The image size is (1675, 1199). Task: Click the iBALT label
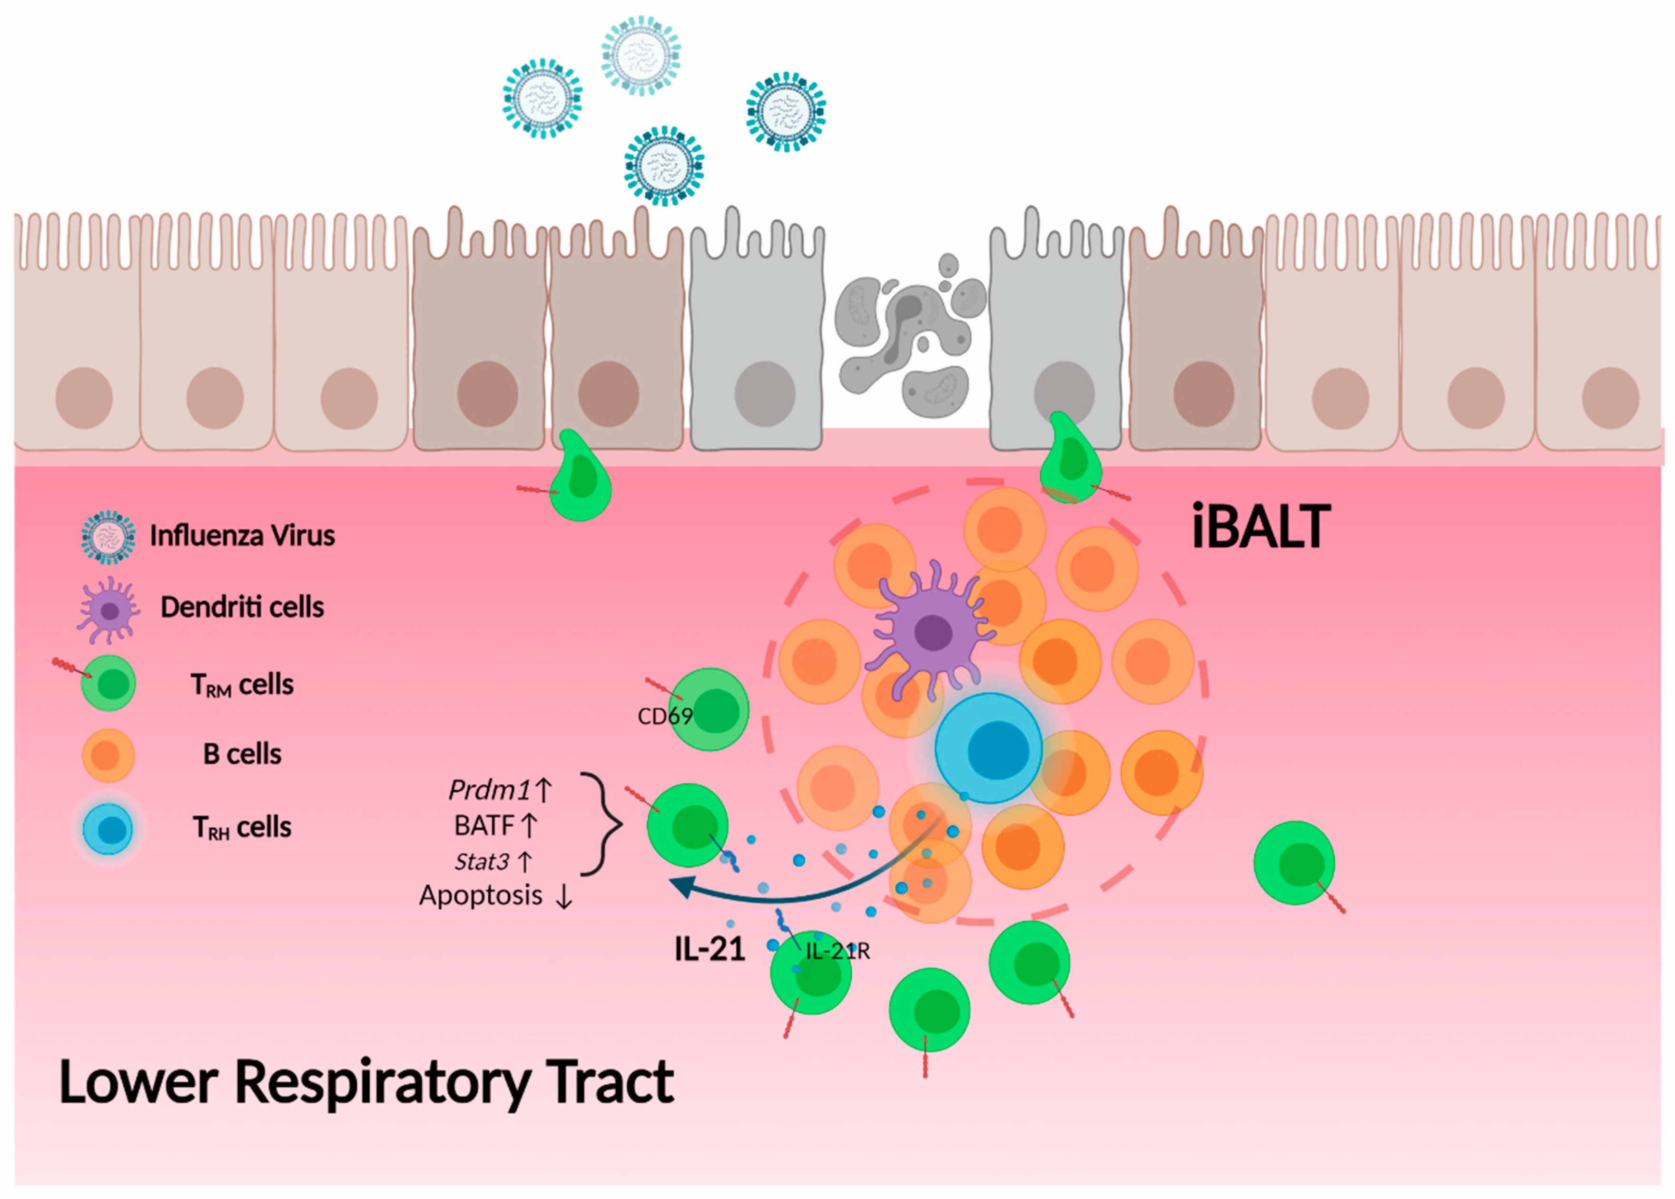click(x=1261, y=526)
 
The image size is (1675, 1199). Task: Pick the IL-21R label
click(x=837, y=952)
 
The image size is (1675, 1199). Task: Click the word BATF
click(x=483, y=826)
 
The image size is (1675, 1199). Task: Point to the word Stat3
click(x=481, y=861)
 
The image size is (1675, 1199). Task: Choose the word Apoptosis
click(x=481, y=895)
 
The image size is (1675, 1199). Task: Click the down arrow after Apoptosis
click(x=564, y=896)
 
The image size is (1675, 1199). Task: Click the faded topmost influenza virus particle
click(x=641, y=55)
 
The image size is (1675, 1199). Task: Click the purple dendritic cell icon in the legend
click(x=108, y=610)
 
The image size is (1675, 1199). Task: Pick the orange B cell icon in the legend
click(x=108, y=755)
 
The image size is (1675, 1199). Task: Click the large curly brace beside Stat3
click(x=602, y=824)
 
